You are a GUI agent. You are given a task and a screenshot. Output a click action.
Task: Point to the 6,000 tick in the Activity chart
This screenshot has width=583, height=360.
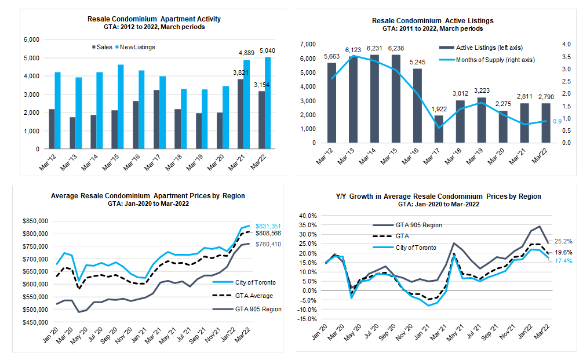(31, 39)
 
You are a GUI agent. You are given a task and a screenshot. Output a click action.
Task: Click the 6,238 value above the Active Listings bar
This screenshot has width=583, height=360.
(396, 48)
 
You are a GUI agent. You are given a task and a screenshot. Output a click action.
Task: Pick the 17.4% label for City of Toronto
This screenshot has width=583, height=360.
(563, 261)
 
